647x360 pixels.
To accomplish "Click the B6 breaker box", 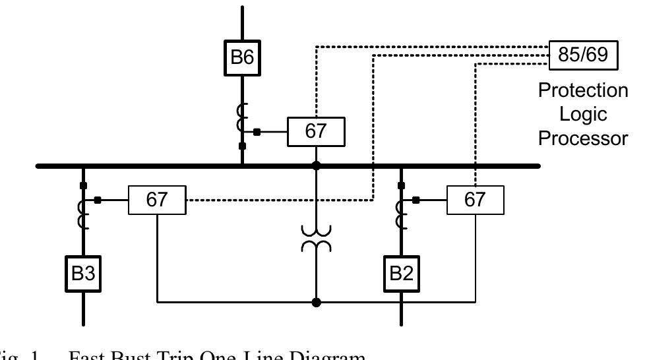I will pyautogui.click(x=242, y=57).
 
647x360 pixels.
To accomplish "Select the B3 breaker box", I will pyautogui.click(x=83, y=274).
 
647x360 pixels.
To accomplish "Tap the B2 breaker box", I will pyautogui.click(x=401, y=274).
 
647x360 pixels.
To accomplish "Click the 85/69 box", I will pyautogui.click(x=582, y=55).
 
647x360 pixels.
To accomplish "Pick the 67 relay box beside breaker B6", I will pyautogui.click(x=316, y=132).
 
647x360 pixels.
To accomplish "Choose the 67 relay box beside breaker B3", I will pyautogui.click(x=157, y=200).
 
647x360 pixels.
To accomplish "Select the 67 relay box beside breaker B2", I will pyautogui.click(x=475, y=200).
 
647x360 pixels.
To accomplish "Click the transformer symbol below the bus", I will pyautogui.click(x=316, y=238).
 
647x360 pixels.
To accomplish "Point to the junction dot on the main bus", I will pyautogui.click(x=316, y=165).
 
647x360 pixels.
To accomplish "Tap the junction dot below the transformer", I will pyautogui.click(x=316, y=303).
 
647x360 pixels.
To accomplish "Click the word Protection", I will pyautogui.click(x=583, y=90).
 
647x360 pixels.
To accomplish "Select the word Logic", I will pyautogui.click(x=583, y=114).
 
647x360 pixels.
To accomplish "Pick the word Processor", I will pyautogui.click(x=583, y=138).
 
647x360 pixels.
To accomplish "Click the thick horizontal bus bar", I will pyautogui.click(x=165, y=166).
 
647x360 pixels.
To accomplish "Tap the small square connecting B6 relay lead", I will pyautogui.click(x=257, y=132).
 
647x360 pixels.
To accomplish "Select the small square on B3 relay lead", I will pyautogui.click(x=98, y=200).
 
